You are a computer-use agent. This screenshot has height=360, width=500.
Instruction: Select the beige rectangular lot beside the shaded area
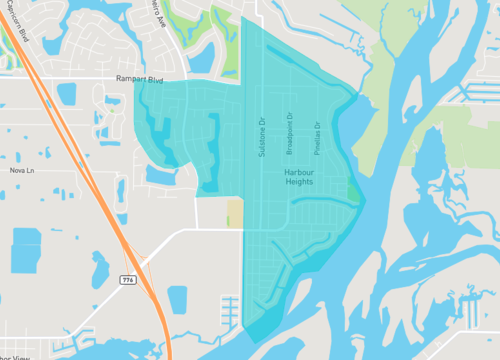point(235,212)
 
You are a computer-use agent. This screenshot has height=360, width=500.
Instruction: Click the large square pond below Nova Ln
point(26,250)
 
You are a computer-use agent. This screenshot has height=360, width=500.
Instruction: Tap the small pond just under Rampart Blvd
point(67,95)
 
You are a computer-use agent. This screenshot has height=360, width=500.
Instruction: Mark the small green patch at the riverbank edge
point(351,193)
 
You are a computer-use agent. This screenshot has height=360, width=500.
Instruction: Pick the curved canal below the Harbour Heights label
point(320,201)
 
